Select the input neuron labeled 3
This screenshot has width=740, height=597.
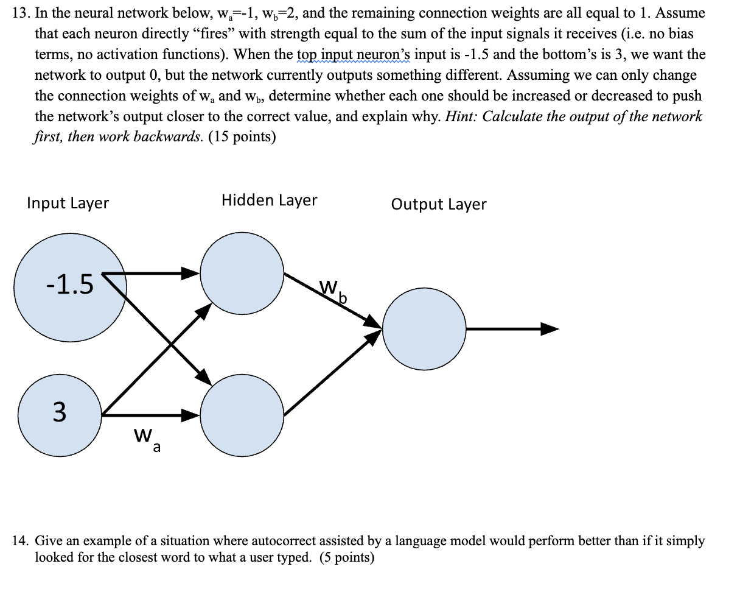(60, 412)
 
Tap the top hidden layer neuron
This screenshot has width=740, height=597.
(242, 273)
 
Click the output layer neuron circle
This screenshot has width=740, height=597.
(424, 329)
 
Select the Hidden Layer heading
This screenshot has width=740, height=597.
(269, 200)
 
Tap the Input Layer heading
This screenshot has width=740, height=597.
(68, 203)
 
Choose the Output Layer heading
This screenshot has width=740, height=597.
(438, 203)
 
